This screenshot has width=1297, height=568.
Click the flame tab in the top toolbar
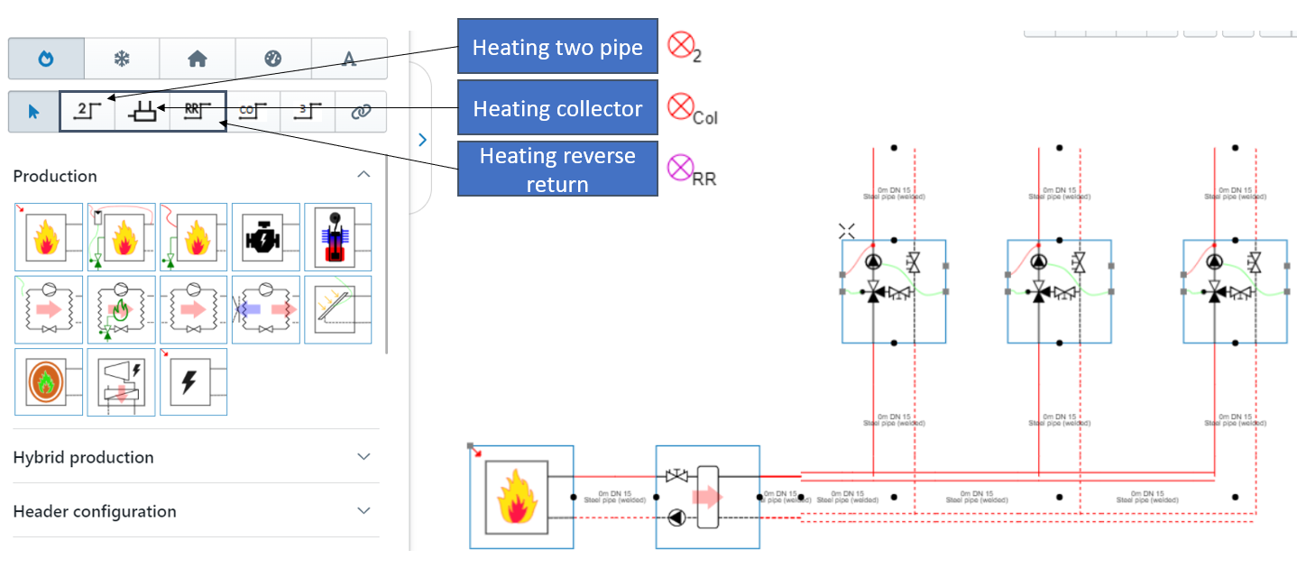(46, 59)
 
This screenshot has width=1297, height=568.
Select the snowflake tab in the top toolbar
(122, 59)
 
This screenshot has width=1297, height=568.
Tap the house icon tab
(198, 59)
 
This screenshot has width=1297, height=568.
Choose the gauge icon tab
(273, 59)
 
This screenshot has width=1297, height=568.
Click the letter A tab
(349, 59)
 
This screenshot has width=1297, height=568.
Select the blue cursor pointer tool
(33, 112)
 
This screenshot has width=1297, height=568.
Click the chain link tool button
(361, 112)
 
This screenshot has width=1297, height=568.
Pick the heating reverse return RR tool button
(197, 111)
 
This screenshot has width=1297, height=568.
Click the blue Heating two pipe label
(557, 47)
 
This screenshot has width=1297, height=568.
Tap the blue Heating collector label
(557, 109)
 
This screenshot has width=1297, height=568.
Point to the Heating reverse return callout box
(557, 169)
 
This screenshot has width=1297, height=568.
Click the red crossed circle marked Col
(679, 106)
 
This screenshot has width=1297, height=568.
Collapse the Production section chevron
(363, 175)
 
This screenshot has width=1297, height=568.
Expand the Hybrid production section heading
(84, 457)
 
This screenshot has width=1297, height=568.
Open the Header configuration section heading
(95, 511)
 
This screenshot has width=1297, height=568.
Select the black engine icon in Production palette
(265, 237)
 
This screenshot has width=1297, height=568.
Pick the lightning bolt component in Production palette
(193, 382)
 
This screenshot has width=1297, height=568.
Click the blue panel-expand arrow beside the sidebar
(421, 140)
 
